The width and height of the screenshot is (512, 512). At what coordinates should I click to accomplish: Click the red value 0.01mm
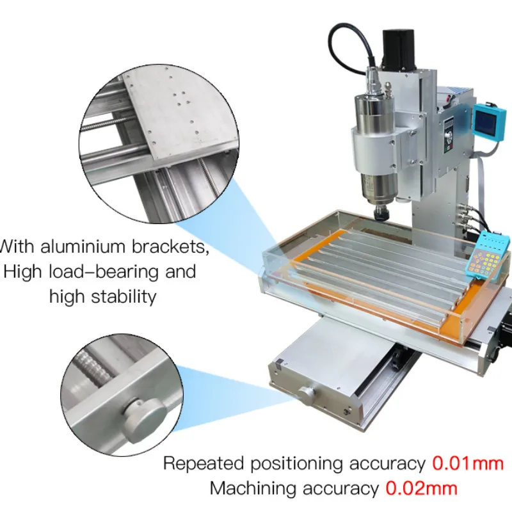point(468,463)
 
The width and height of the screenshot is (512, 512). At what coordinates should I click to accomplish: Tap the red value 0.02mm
point(421,488)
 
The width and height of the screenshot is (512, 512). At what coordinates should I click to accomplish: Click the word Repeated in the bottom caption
point(204,463)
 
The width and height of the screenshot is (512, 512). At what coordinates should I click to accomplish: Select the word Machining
point(253,489)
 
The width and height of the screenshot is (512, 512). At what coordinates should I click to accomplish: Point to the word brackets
point(170,246)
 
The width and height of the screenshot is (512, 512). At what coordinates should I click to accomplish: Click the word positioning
point(296,463)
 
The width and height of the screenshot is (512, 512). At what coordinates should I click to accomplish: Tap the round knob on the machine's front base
point(307,395)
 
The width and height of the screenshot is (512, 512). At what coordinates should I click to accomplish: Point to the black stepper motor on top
point(399,49)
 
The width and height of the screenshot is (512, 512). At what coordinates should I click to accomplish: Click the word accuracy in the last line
point(340,489)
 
